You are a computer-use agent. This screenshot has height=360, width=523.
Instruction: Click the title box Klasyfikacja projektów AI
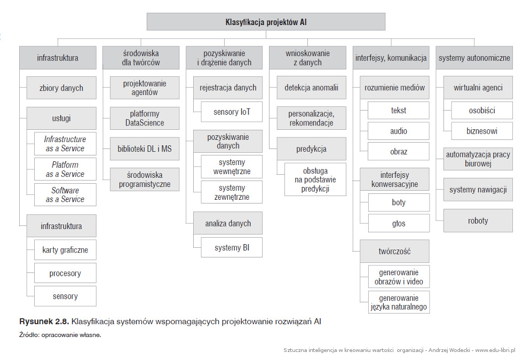point(266,22)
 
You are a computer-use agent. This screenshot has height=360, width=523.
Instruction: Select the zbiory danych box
point(61,88)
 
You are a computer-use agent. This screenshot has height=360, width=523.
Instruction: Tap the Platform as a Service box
point(65,169)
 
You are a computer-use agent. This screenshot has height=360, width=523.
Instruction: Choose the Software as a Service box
point(65,195)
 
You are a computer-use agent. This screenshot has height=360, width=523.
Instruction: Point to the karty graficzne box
point(65,250)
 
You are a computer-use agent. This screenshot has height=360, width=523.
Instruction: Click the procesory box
point(65,273)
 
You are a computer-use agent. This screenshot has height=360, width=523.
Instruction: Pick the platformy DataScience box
point(145,118)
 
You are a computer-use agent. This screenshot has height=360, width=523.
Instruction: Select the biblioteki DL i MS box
point(145,148)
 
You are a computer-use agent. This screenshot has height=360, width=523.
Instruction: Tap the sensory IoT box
point(232,112)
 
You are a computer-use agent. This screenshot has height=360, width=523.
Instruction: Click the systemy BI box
point(232,247)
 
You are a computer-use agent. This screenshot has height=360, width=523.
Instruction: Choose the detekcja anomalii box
point(312,88)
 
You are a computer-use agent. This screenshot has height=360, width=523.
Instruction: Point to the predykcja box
point(312,149)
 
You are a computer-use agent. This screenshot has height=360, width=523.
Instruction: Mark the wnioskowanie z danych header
point(307,58)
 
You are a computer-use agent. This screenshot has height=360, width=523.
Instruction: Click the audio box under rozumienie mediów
point(399,131)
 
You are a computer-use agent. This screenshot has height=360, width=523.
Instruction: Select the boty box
point(399,202)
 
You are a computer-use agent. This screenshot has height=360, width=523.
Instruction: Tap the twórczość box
point(394,251)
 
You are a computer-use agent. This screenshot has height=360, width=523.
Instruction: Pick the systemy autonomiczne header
point(474,58)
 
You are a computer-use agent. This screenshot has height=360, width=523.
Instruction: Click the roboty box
point(478,221)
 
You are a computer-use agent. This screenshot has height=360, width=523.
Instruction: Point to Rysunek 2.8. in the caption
point(44,322)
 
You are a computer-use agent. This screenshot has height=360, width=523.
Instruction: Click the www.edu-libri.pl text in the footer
point(495,350)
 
